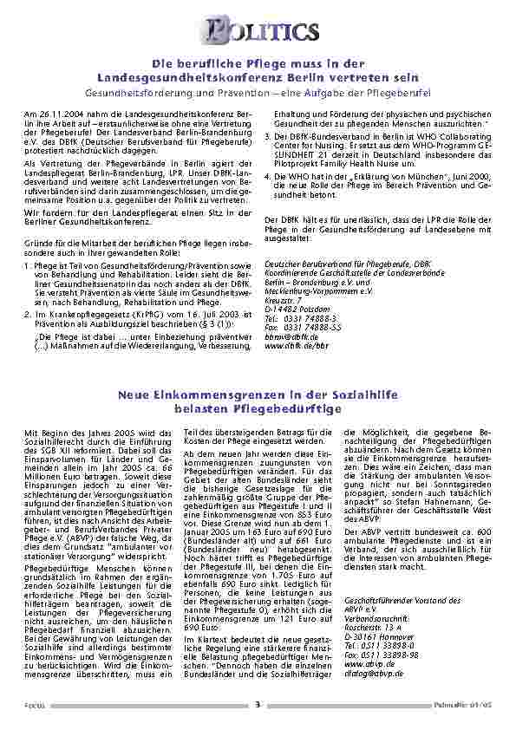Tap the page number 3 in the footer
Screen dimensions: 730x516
[x=258, y=705]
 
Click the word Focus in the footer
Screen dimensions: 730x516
[x=35, y=705]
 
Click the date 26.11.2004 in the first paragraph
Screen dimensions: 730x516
[x=55, y=114]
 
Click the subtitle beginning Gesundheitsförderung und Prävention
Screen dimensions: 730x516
[x=258, y=90]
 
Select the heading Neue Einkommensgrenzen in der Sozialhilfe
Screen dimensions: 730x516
[x=257, y=395]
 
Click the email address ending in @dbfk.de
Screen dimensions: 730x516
[x=289, y=336]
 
